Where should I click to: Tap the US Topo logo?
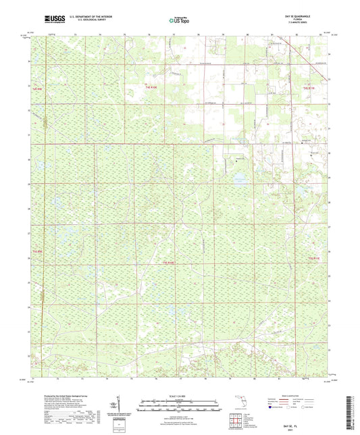(x=180, y=21)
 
